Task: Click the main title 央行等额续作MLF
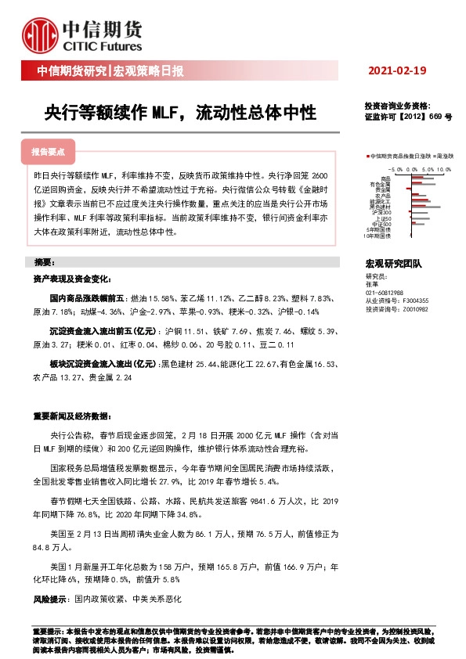(180, 113)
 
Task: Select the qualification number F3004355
(412, 300)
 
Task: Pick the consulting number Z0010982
(412, 308)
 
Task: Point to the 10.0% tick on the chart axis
(444, 169)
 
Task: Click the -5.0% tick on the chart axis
(396, 169)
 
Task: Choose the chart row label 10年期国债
(377, 236)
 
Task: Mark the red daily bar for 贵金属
(409, 189)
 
